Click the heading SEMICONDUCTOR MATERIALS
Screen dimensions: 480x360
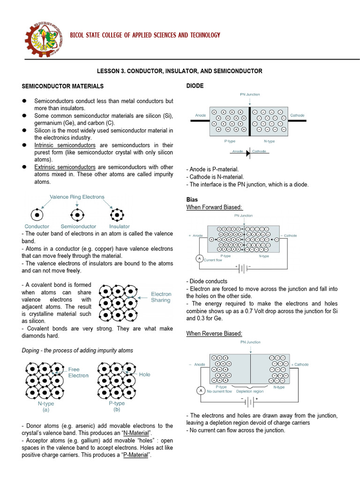pos(63,86)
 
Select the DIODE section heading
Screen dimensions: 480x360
pos(195,86)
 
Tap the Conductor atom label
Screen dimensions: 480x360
pos(37,226)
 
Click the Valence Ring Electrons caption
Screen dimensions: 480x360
pos(77,197)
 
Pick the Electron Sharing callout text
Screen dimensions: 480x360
pos(161,297)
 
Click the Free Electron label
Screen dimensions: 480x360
pos(78,372)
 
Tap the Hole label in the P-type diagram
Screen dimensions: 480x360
pos(145,375)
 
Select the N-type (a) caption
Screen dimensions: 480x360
pos(46,406)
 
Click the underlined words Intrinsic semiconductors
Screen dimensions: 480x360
pos(65,145)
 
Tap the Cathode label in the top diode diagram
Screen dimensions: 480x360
pos(297,115)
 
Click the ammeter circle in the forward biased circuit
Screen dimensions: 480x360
pos(198,259)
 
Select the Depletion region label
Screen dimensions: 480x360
pos(250,391)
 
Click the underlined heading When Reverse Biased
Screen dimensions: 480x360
pos(214,333)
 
